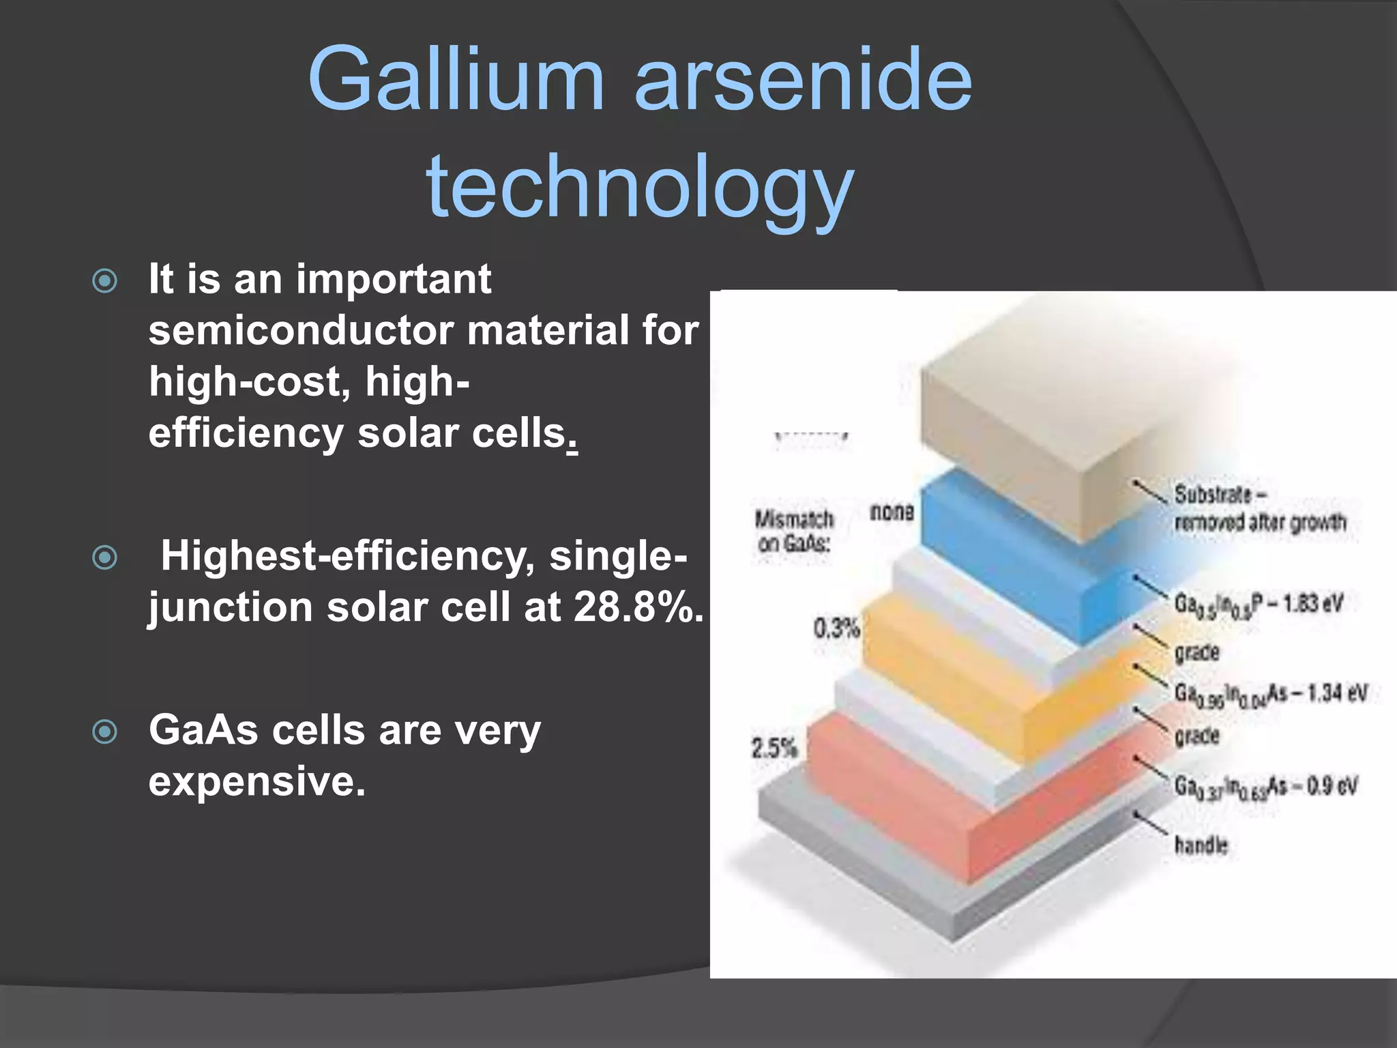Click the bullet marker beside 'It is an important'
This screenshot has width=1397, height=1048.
tap(104, 280)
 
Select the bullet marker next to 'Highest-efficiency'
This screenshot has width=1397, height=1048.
tap(104, 557)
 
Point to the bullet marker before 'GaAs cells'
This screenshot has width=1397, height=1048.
tap(104, 732)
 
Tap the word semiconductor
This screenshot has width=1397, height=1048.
tap(301, 330)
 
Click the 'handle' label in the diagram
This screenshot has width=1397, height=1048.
tap(1201, 845)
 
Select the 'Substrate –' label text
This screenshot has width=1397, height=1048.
tap(1221, 494)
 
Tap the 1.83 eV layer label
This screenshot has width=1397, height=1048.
tap(1259, 605)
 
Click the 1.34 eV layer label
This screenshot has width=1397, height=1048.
tap(1270, 694)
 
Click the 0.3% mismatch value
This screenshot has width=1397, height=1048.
tap(836, 628)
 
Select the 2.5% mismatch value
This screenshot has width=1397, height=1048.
tap(774, 748)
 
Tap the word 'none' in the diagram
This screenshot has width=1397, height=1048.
tap(892, 512)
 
